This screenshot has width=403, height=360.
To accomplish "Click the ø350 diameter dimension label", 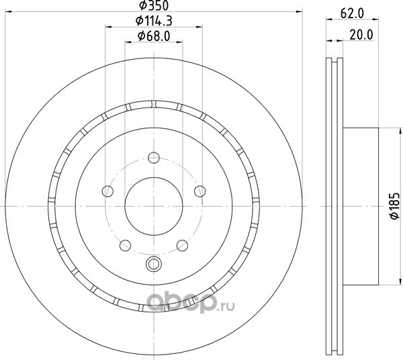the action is [x=154, y=5].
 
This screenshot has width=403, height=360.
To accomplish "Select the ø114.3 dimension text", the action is [x=154, y=21].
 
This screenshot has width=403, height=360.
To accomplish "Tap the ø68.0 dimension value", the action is [x=154, y=36].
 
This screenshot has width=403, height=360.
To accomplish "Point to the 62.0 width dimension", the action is [x=352, y=13].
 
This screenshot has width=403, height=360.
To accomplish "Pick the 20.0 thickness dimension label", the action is [x=361, y=35].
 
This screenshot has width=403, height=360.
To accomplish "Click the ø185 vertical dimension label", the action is [x=394, y=206].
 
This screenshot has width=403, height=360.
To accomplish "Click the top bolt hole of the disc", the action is [x=154, y=158].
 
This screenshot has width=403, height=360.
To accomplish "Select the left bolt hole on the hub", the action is [x=107, y=191].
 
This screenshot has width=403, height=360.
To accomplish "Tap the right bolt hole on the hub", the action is [x=199, y=191].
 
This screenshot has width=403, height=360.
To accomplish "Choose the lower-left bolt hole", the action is [x=125, y=245].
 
